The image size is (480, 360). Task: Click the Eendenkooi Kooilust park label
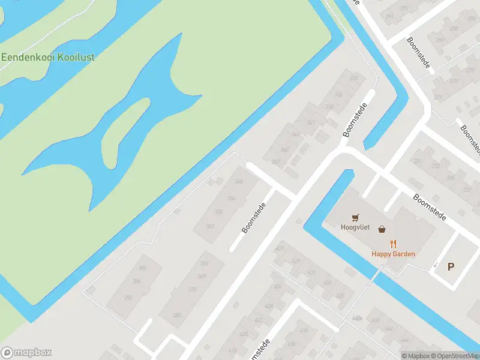tap(48, 58)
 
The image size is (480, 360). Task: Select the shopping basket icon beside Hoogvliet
tap(382, 229)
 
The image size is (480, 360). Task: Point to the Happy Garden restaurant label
tap(393, 254)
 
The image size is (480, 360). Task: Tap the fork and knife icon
tap(394, 244)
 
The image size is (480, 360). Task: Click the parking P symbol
tap(451, 267)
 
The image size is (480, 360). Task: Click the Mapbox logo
tap(26, 353)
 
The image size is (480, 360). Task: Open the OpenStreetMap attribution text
tap(454, 356)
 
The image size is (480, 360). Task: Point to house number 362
tap(210, 226)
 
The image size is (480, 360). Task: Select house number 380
tap(177, 316)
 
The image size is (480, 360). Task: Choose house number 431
tap(311, 272)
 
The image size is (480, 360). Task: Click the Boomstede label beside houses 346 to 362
tap(253, 217)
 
